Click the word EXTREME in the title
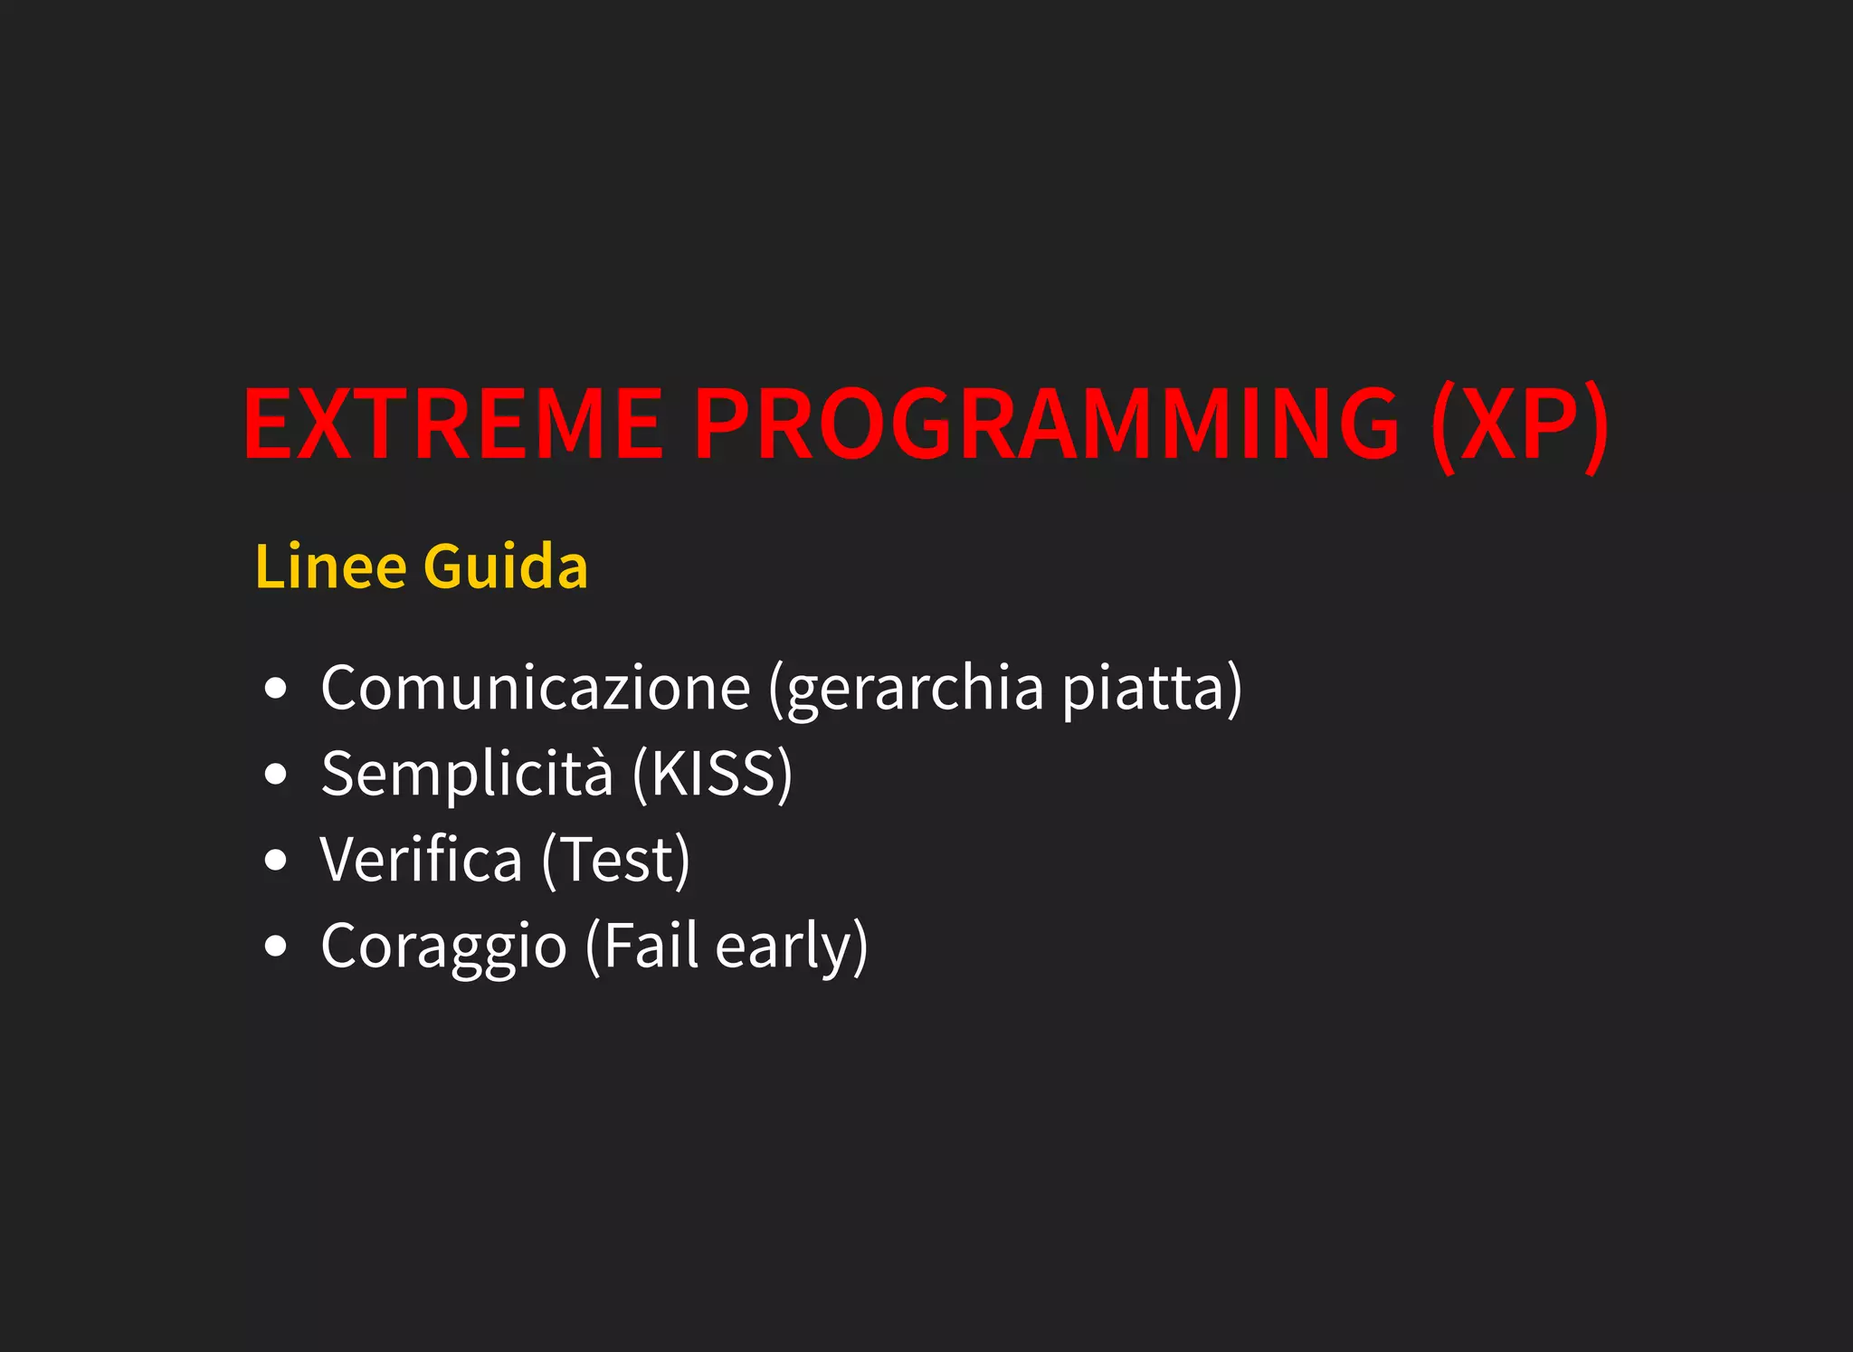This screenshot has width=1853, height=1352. [452, 424]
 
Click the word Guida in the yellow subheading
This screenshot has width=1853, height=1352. [506, 567]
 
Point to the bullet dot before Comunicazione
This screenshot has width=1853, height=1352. [276, 689]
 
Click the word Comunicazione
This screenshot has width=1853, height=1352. [536, 689]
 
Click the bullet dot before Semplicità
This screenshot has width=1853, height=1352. [276, 775]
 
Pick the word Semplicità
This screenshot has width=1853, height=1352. [467, 775]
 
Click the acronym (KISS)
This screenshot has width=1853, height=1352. [713, 775]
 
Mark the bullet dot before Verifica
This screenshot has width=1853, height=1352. [276, 861]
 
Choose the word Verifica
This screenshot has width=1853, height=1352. [422, 861]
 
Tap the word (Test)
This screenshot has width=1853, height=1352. [616, 861]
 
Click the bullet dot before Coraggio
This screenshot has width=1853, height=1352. [276, 947]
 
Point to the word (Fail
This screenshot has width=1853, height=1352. [642, 947]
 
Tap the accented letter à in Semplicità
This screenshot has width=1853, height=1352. [594, 776]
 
